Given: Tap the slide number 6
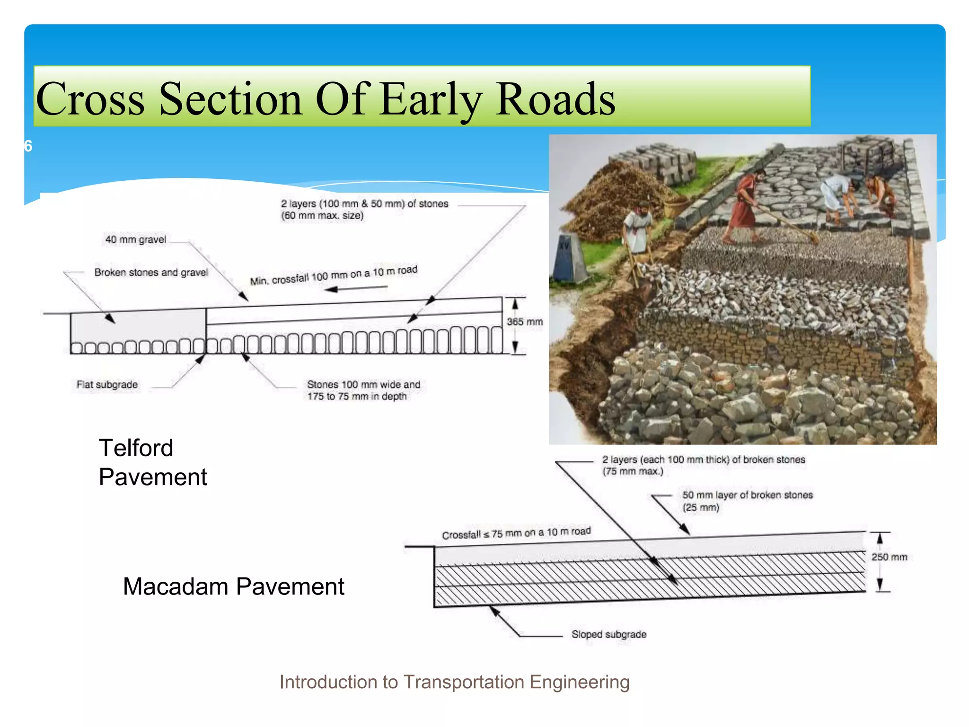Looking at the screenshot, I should click(x=28, y=146).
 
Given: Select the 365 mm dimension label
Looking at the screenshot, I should click(x=524, y=322).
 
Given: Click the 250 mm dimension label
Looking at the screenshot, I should click(x=889, y=557).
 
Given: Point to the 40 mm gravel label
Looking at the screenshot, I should click(x=135, y=239).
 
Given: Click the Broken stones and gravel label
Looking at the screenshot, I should click(x=151, y=272).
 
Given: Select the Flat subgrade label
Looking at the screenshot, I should click(x=107, y=384).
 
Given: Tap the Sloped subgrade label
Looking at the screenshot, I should click(x=608, y=634).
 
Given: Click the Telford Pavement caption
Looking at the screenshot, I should click(x=152, y=462).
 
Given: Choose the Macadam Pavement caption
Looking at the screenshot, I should click(x=233, y=586).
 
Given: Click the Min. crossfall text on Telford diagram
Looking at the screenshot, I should click(x=334, y=275).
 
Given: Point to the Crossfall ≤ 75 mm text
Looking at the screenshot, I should click(x=516, y=533).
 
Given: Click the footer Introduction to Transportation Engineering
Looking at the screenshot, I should click(x=454, y=682).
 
